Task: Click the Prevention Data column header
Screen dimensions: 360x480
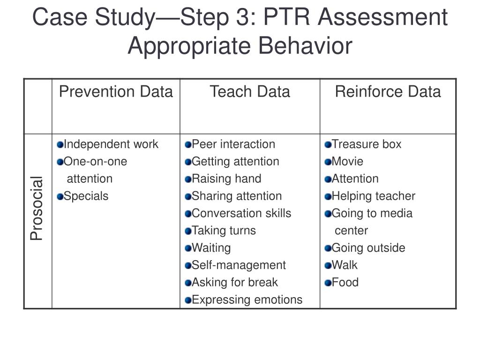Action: click(116, 91)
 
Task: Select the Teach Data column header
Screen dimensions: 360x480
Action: click(250, 91)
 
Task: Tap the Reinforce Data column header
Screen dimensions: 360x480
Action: click(388, 91)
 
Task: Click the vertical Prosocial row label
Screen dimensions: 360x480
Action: click(37, 208)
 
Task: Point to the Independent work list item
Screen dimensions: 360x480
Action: click(111, 144)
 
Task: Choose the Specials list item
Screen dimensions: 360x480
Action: click(86, 196)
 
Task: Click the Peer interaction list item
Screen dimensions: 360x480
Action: click(233, 144)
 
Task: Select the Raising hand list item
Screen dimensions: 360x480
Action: click(226, 179)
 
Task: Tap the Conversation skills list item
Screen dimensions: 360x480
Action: click(241, 213)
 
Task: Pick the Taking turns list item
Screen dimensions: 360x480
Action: click(224, 231)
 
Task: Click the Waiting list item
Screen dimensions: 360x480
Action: click(211, 248)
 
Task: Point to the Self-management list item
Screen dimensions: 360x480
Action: click(239, 265)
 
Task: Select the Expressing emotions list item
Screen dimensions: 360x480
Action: click(247, 300)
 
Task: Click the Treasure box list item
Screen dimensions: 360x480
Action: click(367, 144)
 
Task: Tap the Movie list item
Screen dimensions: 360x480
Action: click(347, 161)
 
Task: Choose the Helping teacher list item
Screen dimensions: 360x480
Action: click(373, 196)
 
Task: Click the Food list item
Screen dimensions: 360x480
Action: click(345, 283)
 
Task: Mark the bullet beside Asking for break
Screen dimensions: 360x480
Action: click(188, 283)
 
